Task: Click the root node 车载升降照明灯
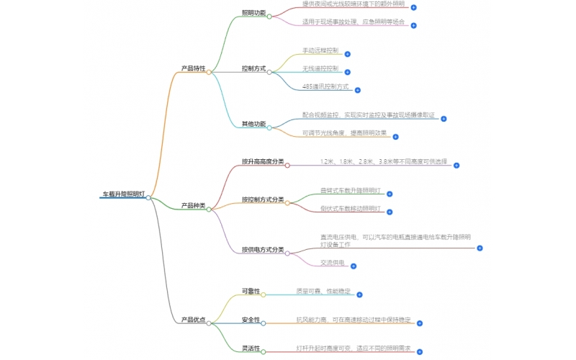pos(124,194)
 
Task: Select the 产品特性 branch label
pos(193,68)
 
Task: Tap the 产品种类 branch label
pos(193,206)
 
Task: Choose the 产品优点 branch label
pos(193,320)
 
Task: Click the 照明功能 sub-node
pos(253,13)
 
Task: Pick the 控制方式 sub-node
pos(253,68)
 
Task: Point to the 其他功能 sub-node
pos(253,124)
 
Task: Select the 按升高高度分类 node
pos(263,161)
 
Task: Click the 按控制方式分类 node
pos(263,199)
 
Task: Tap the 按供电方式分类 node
pos(263,249)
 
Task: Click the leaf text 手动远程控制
pos(320,51)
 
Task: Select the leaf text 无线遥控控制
pos(320,68)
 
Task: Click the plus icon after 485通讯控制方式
pos(358,90)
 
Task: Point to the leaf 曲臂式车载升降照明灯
pos(349,191)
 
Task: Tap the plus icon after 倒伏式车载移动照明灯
pos(390,212)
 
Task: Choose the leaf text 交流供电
pos(333,263)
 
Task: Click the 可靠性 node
pos(251,291)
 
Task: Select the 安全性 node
pos(251,320)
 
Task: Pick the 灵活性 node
pos(251,348)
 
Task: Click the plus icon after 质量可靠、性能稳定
pos(359,294)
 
